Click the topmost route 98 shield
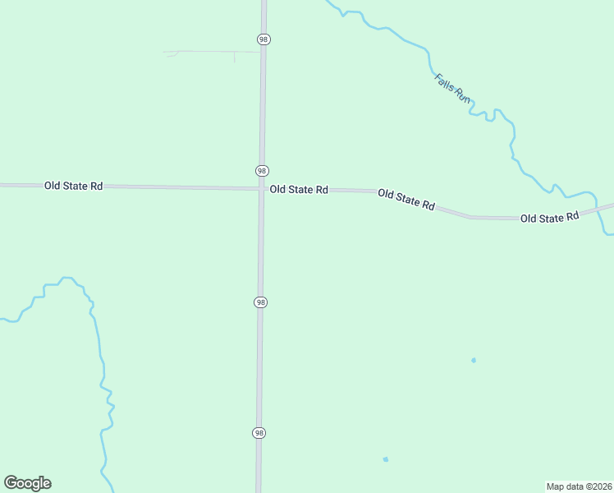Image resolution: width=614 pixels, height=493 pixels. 263,39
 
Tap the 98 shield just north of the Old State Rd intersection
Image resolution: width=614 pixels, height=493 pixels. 262,170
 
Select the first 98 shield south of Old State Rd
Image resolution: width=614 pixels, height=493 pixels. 260,302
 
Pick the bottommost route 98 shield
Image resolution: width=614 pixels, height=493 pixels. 259,433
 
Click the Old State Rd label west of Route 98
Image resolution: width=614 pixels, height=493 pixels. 73,187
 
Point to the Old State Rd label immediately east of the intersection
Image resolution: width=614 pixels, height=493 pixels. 299,190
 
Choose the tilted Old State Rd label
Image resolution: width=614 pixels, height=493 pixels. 406,200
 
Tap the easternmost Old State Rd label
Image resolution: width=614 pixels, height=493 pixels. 550,217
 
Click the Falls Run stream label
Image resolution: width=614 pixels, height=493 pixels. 453,88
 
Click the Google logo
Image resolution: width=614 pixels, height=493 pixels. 27,483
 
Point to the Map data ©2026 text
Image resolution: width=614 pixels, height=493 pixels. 579,486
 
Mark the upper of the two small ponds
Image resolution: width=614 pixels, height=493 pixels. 474,360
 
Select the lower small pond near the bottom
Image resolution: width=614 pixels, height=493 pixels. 385,459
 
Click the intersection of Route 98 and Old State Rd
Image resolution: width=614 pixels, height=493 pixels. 261,189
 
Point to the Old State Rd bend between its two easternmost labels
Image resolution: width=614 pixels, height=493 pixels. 470,217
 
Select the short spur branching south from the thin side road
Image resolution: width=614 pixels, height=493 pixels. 235,58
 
